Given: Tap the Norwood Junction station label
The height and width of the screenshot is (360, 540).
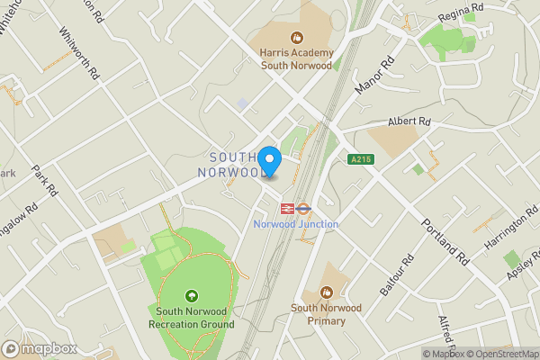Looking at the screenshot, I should (x=296, y=224).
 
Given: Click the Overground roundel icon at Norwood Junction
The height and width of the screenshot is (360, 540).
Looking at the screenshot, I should (x=304, y=207).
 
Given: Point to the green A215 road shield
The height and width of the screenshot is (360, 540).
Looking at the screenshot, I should (x=361, y=159).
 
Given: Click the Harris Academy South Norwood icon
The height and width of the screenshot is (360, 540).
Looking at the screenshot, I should (x=295, y=38).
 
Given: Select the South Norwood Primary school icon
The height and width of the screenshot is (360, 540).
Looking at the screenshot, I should (x=327, y=292).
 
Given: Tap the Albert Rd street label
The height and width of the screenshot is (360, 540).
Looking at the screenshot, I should (x=409, y=121).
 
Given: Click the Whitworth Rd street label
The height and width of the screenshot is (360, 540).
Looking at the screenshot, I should (x=77, y=54).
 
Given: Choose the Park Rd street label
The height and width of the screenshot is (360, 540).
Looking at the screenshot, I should (x=43, y=180).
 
